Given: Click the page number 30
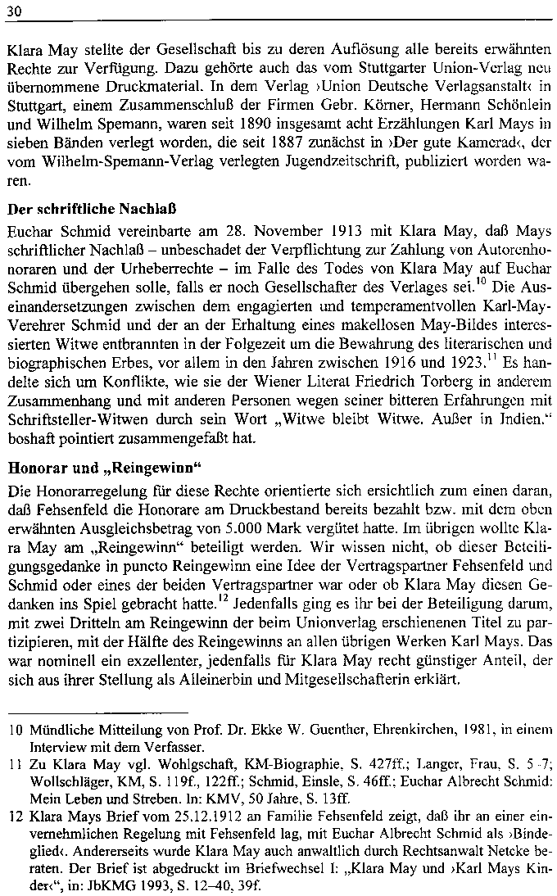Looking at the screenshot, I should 13,9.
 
